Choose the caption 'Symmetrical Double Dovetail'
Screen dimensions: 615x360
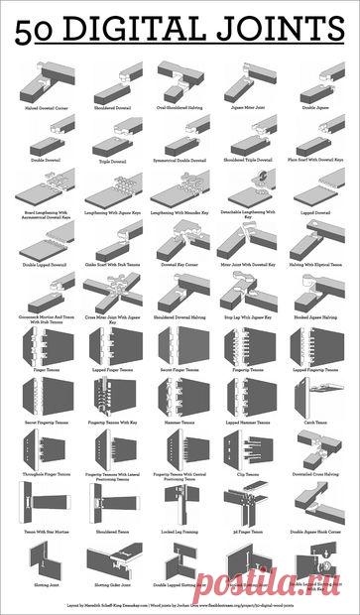pyautogui.click(x=180, y=160)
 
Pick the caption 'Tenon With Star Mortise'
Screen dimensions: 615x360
pyautogui.click(x=40, y=532)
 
